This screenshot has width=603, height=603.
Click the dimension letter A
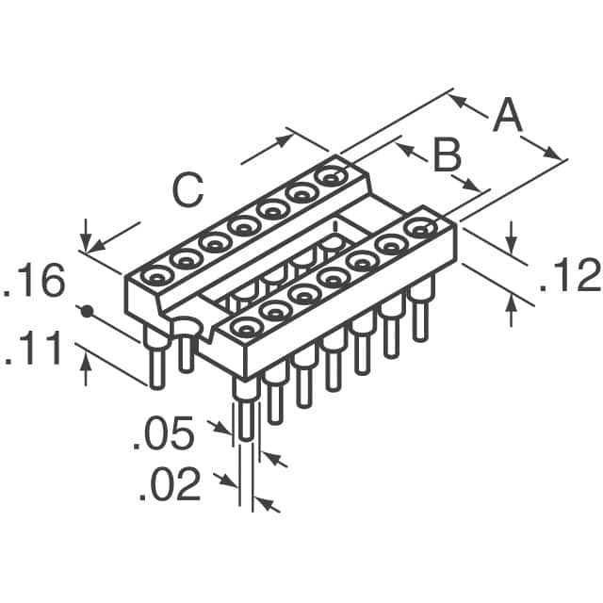coord(506,117)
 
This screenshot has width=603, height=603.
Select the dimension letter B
coord(446,155)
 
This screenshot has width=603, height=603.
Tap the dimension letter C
coord(187,191)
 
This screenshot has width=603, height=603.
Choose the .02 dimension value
coord(170,486)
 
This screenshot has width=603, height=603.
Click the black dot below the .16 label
coord(87,310)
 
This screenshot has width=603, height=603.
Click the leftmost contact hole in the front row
coord(246,327)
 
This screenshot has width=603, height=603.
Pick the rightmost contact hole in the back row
coord(330,175)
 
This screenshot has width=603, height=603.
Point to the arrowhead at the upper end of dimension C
coord(285,141)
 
